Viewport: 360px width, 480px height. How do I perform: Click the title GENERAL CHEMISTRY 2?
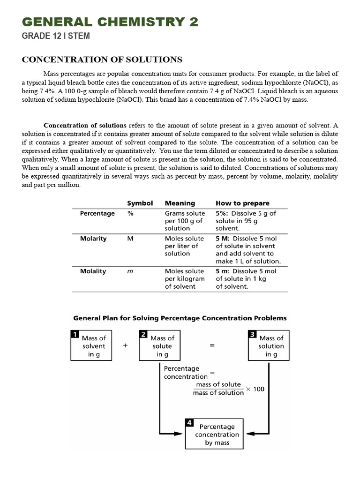click(x=110, y=22)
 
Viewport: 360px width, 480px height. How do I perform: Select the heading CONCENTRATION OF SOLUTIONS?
click(x=103, y=60)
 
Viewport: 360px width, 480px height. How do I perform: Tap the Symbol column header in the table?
click(x=140, y=203)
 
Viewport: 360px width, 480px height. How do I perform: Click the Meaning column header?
click(x=180, y=203)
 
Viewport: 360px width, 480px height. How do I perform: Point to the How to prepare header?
click(x=242, y=203)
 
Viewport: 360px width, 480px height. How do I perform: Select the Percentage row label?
click(x=97, y=214)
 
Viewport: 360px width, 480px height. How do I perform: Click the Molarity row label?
click(x=93, y=239)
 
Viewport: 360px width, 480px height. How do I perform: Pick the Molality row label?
click(x=93, y=271)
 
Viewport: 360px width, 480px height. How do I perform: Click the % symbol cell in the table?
click(x=130, y=214)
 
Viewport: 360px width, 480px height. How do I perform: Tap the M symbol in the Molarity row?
click(x=130, y=239)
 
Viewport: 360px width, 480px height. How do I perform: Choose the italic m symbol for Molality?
click(x=130, y=271)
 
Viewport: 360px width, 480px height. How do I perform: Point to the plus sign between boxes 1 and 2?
click(x=125, y=345)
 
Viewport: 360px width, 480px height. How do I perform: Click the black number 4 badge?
click(x=189, y=423)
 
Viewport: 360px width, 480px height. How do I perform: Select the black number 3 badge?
click(x=252, y=334)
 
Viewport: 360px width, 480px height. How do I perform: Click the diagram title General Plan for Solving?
click(x=180, y=318)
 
